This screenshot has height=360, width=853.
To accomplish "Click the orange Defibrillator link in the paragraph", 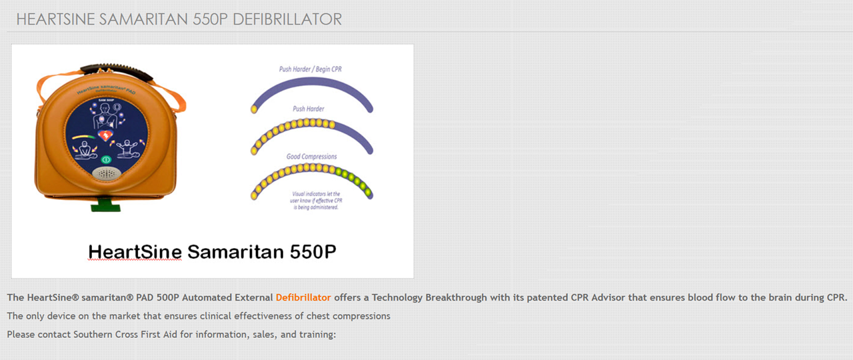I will coord(303,297).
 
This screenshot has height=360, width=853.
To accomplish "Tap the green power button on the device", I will coord(105,160).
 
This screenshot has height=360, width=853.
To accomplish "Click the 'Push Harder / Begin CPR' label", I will coord(311,69).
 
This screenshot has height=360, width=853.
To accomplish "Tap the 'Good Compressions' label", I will coord(312,157).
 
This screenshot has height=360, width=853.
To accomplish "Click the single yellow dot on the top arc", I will coord(254,109).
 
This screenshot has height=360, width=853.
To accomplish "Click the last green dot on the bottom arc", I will coord(369,193).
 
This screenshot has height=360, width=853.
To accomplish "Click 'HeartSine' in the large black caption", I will coord(135,251).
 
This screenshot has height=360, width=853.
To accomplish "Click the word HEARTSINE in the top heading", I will coord(55,19).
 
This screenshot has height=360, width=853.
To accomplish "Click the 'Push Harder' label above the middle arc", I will coord(309,109).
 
